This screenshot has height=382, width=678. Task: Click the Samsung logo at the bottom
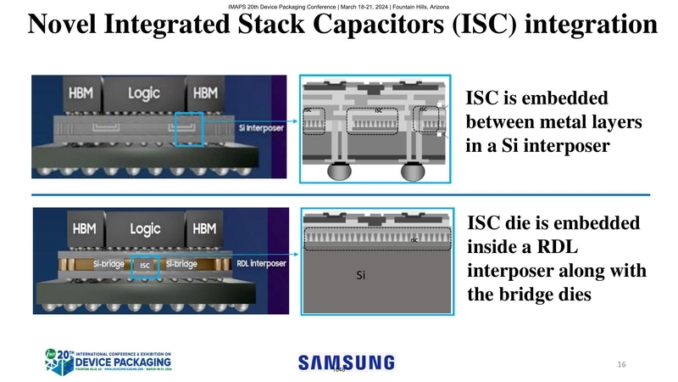click(x=346, y=362)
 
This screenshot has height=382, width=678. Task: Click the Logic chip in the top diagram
click(x=145, y=93)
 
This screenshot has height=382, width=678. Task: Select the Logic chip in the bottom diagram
click(x=145, y=229)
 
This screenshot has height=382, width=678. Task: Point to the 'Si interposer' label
click(x=260, y=129)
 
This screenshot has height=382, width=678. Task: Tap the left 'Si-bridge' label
click(x=110, y=265)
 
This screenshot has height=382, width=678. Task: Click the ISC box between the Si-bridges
click(x=146, y=266)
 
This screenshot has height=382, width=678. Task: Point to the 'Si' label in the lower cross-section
click(x=360, y=275)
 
